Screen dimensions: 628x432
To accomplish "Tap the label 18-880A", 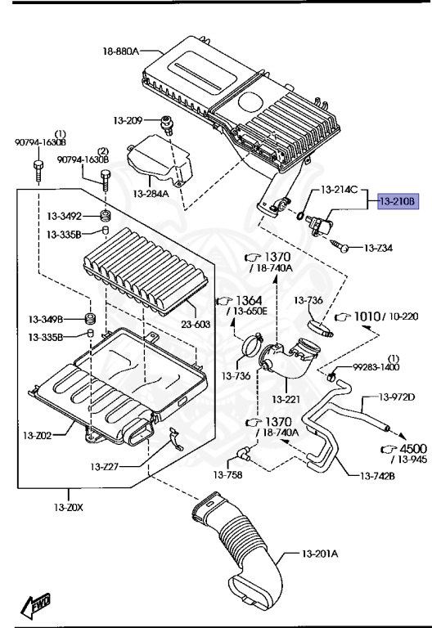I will [x=120, y=52].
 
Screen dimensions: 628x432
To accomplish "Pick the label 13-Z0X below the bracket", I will [x=70, y=508].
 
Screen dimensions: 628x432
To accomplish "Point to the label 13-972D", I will [x=398, y=397].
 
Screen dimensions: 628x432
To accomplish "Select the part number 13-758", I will [x=230, y=473].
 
